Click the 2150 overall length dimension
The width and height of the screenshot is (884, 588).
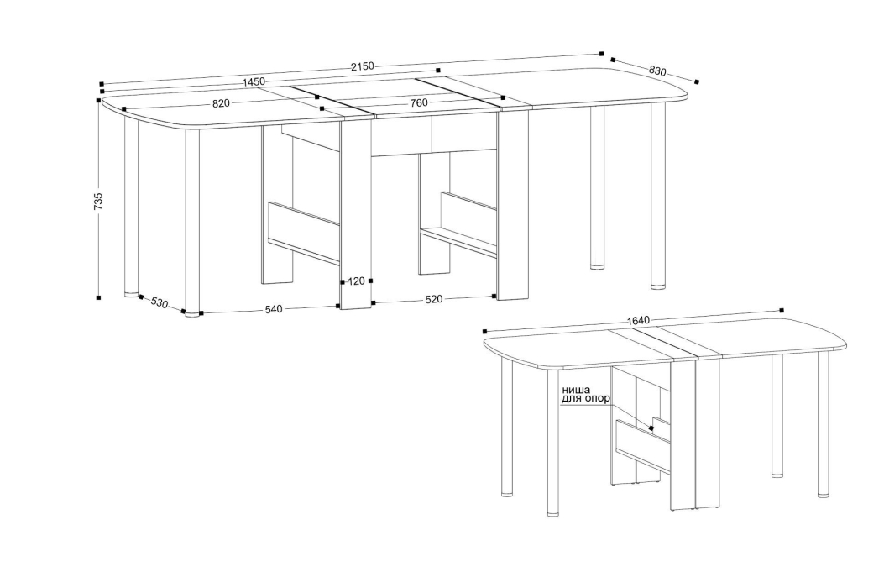(x=363, y=66)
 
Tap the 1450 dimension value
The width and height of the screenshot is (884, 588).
(x=254, y=81)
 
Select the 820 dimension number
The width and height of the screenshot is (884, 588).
(x=221, y=103)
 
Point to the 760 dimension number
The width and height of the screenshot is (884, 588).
(x=419, y=102)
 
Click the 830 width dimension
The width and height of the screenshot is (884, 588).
(x=657, y=71)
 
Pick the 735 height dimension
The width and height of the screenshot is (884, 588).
(x=99, y=202)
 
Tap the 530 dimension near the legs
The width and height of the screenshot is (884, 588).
(x=160, y=303)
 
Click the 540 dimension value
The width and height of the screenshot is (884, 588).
(x=274, y=309)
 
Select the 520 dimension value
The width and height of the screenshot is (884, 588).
(x=433, y=300)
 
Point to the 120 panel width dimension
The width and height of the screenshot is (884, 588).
(x=356, y=281)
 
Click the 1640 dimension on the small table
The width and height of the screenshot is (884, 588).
(x=638, y=321)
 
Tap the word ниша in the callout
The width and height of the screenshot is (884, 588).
(x=576, y=390)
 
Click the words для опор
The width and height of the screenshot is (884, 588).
(x=585, y=398)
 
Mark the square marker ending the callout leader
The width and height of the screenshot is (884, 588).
(x=651, y=428)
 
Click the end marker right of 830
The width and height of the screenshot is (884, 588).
(x=697, y=81)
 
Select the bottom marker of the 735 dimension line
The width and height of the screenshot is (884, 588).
(x=99, y=297)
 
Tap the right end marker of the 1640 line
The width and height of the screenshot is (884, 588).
(x=782, y=310)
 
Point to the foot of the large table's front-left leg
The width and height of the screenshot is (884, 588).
(x=192, y=314)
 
